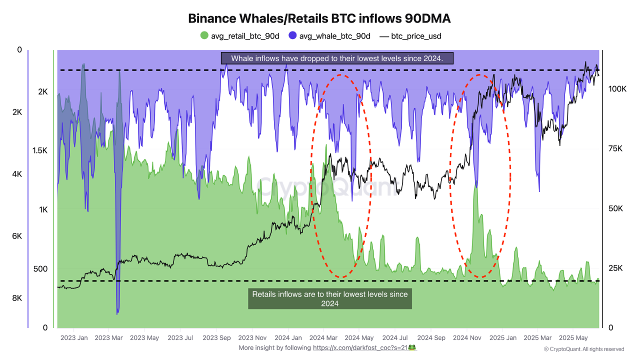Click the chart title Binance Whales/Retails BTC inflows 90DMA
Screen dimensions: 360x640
click(x=319, y=18)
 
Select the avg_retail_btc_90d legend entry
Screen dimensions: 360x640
click(x=239, y=35)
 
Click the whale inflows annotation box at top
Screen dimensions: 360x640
click(x=337, y=58)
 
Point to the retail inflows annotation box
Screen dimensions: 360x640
click(x=330, y=298)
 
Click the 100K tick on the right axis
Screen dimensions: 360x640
click(x=617, y=88)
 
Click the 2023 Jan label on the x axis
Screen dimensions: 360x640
click(x=74, y=338)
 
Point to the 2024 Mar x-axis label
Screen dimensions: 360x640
click(x=323, y=338)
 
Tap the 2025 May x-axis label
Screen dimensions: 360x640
click(x=573, y=338)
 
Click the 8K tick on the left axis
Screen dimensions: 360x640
click(x=17, y=298)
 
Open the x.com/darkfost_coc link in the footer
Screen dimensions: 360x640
click(x=359, y=347)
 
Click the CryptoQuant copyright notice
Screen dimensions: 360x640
click(x=583, y=349)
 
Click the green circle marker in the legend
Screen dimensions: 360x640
click(x=204, y=35)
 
